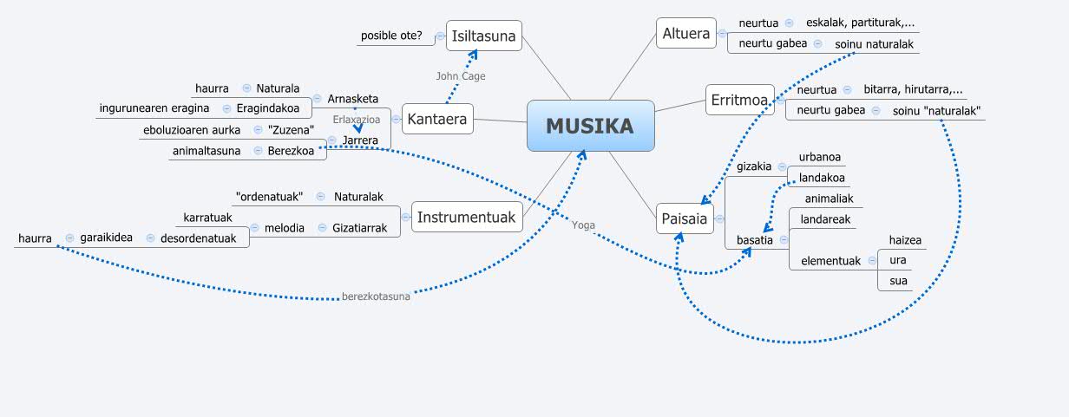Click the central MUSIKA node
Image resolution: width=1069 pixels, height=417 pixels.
[x=590, y=127]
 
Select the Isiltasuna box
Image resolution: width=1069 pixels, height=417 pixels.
[x=483, y=36]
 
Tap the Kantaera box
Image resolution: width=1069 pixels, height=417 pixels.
[x=438, y=118]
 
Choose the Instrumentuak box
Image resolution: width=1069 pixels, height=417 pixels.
[x=467, y=217]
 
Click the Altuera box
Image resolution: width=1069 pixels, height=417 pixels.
[x=685, y=34]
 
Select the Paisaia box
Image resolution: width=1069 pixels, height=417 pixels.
[x=684, y=218]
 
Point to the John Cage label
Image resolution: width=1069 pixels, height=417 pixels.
[x=460, y=76]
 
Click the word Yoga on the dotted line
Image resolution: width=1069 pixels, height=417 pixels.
[x=583, y=225]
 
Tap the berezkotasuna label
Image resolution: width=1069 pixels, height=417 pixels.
[x=376, y=296]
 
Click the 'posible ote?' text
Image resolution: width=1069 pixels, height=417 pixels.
[x=391, y=36]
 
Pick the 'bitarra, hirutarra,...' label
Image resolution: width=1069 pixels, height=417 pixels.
[x=913, y=89]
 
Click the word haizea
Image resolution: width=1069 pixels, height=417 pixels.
[x=905, y=240]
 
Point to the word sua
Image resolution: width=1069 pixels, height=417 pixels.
[x=898, y=281]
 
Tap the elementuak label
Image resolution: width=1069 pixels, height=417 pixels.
[x=830, y=260]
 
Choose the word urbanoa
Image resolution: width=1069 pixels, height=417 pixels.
[x=820, y=158]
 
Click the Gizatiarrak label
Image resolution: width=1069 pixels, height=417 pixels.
[x=359, y=228]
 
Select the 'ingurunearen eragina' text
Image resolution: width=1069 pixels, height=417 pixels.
[x=154, y=108]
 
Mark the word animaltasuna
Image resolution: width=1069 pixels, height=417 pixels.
[x=207, y=150]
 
